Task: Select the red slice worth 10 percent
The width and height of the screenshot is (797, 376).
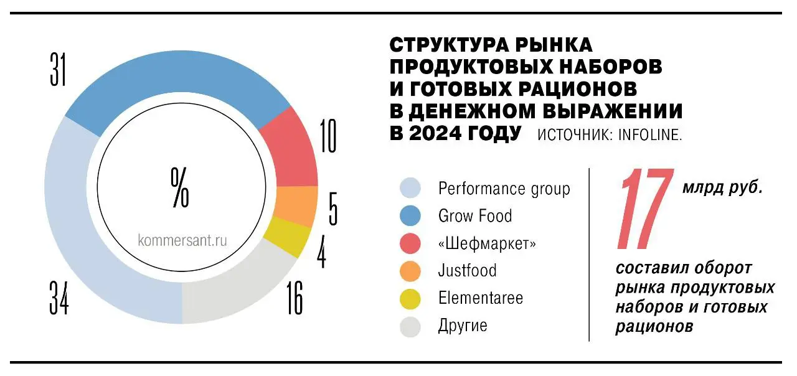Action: [290, 149]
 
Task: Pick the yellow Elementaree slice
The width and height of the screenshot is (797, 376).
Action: [287, 237]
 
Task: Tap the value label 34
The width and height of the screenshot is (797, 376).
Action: [59, 299]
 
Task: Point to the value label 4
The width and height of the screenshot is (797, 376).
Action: [321, 250]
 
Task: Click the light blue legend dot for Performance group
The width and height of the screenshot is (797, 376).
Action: [410, 188]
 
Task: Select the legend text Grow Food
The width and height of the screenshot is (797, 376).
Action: [475, 216]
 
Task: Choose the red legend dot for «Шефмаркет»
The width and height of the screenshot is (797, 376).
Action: [410, 243]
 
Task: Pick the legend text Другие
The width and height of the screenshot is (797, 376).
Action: [463, 325]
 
